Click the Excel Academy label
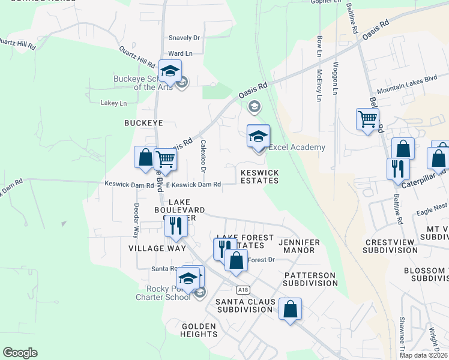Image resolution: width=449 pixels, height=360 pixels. pos(297,148)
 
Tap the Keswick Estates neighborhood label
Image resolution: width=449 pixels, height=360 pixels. pos(259,176)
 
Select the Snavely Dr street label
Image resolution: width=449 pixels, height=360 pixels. pos(184,37)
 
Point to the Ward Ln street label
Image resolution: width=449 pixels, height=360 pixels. pos(180,53)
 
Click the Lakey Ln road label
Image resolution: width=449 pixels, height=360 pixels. pos(114,103)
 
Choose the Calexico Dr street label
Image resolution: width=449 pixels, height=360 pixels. pos(203,157)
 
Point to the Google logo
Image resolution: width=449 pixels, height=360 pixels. pos(20,353)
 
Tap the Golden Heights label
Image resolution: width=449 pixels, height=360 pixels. pos(199,330)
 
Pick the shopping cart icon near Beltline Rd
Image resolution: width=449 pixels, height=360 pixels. pos(367,118)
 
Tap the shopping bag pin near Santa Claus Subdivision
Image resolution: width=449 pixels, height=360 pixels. pos(290,310)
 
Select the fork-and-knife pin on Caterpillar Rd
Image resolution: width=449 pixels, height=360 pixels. pos(398,169)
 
